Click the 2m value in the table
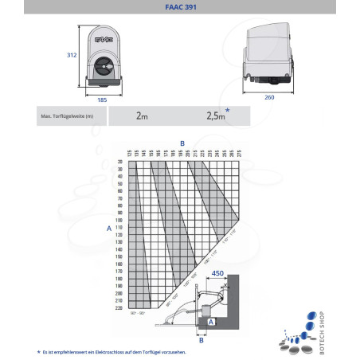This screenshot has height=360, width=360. (x=141, y=115)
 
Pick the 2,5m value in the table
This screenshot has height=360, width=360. (x=215, y=115)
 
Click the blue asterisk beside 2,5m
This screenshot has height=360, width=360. (x=229, y=111)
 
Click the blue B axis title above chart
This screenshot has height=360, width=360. (x=182, y=143)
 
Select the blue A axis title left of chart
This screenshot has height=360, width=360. (x=108, y=228)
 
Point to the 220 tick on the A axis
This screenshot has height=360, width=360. (x=119, y=307)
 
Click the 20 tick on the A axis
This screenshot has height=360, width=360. (x=120, y=162)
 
